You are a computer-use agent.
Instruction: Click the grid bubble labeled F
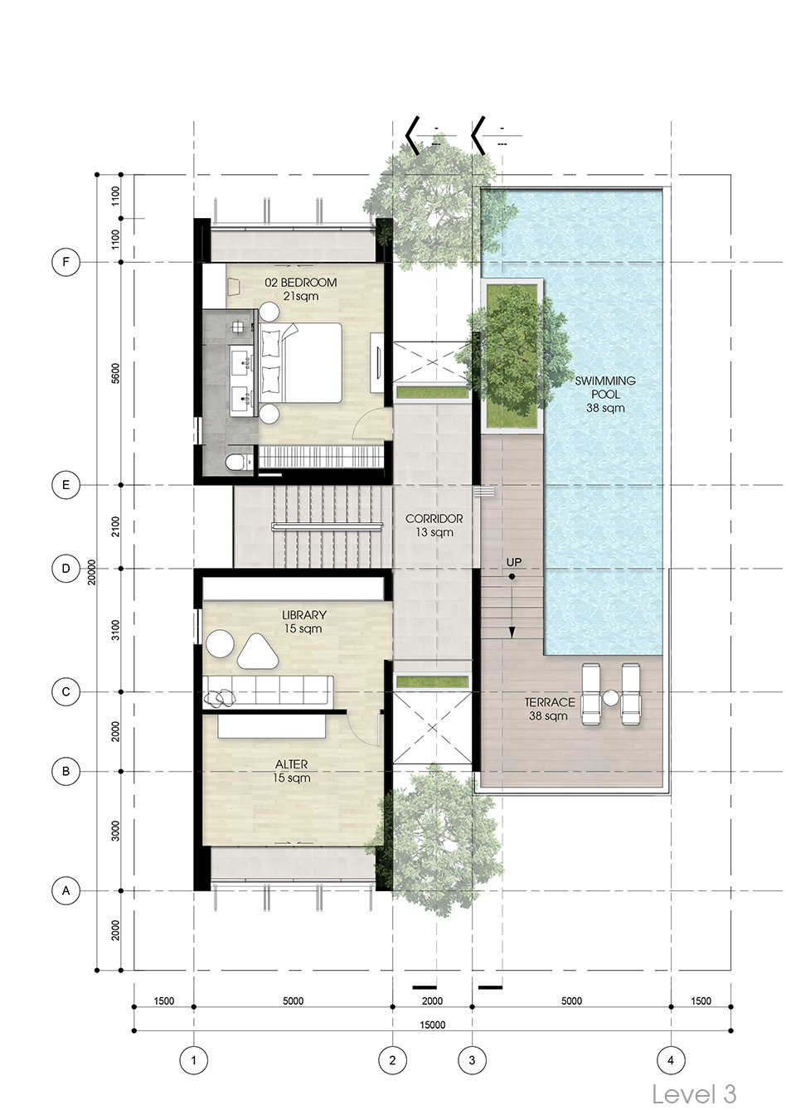65,262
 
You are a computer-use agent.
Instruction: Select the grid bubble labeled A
65,890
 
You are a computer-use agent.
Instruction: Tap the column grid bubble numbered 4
671,1060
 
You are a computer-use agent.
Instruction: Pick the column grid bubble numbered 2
392,1060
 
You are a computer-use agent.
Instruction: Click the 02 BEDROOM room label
301,289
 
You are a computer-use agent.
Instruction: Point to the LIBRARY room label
303,622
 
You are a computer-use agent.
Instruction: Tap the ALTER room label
291,771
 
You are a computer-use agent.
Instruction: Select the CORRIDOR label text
434,526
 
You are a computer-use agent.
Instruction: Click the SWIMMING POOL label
605,395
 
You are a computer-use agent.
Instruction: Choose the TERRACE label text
550,709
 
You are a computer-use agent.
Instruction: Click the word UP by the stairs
514,562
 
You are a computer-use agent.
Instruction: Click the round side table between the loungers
610,698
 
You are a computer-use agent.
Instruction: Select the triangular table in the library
258,652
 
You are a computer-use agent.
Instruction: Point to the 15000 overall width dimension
433,1025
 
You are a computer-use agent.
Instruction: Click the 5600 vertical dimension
115,373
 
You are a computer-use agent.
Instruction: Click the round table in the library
220,644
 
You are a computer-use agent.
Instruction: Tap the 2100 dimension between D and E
115,526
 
